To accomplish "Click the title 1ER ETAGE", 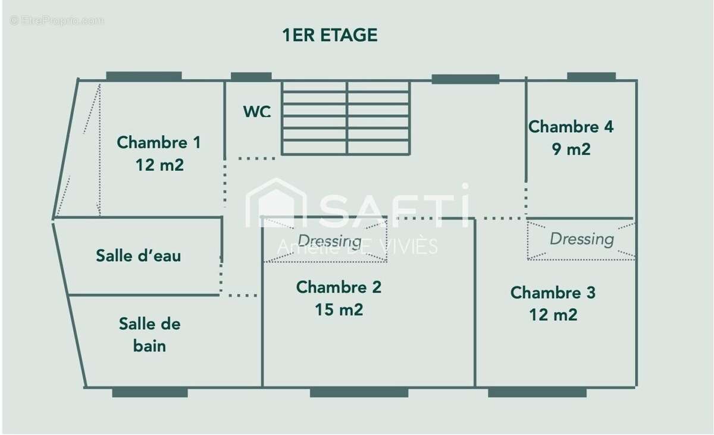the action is pos(330,35).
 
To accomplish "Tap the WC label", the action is pos(257,111).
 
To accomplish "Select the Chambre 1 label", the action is pos(159,142).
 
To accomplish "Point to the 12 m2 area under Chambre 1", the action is pos(159,165).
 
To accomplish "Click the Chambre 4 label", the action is pos(571,127).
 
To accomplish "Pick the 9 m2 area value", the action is pos(571,149).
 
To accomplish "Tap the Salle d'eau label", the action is pos(138,255).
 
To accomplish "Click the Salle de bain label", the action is pos(149,335).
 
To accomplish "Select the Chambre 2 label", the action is pos(339,287).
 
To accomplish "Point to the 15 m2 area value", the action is pos(339,310).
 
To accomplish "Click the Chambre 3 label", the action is pos(553,293).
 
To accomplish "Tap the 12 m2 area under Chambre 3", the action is pos(553,315).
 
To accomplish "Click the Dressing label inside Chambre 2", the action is pos(330,241).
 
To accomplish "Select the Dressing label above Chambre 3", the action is pos(582,239).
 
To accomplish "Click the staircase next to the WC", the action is pos(346,118).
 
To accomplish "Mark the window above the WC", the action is pos(251,77).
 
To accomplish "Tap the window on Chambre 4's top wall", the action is pos(591,77).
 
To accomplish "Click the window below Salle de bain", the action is pos(150,392).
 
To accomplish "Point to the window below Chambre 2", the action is pos(359,392).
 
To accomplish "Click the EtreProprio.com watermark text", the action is pos(57,21).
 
